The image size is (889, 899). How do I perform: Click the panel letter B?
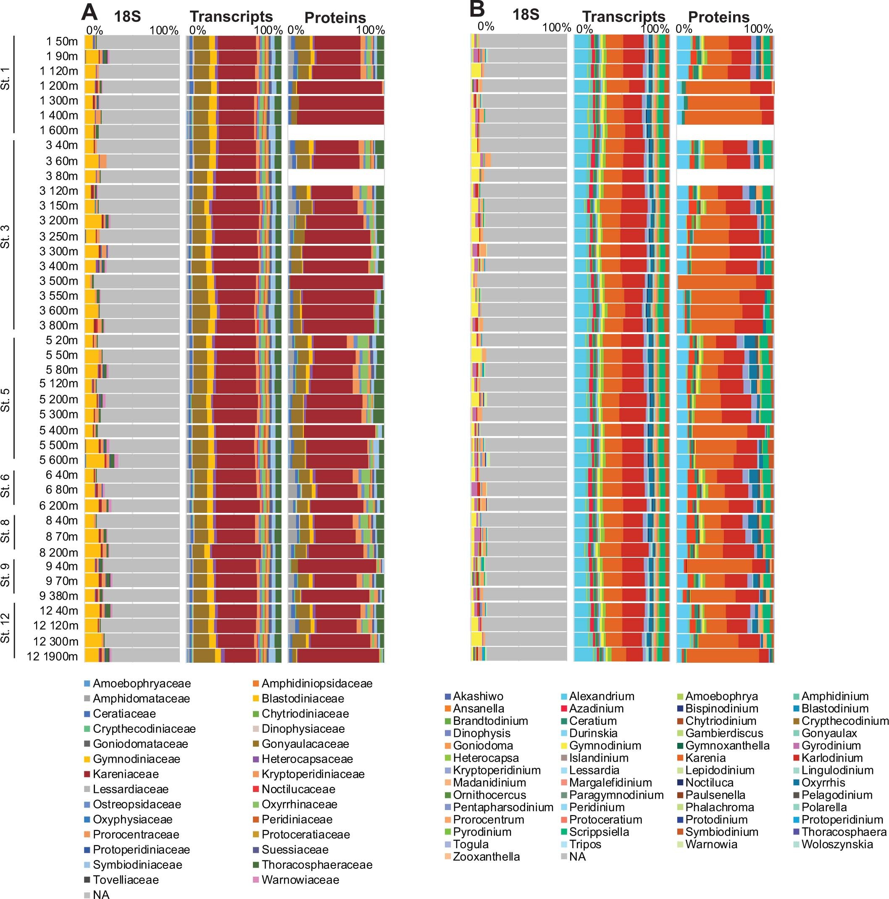[477, 10]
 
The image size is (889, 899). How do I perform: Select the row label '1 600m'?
[59, 130]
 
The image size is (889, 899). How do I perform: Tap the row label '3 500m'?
[58, 281]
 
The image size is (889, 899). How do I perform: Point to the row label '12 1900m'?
[52, 656]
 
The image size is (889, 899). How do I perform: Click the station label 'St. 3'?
[5, 236]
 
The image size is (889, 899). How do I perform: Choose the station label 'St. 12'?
[5, 628]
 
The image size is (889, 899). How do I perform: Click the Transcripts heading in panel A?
[231, 17]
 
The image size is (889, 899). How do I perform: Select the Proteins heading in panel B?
[718, 17]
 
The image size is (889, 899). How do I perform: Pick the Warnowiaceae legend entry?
[300, 879]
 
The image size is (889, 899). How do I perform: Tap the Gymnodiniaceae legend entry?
[136, 759]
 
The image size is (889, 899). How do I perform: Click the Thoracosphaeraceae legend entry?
[317, 865]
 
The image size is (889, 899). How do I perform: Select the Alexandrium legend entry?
[601, 696]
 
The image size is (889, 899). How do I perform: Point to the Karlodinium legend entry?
[832, 758]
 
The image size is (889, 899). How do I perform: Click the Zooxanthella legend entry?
[486, 856]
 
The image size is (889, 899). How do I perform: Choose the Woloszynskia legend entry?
[837, 844]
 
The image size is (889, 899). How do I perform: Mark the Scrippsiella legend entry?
[598, 831]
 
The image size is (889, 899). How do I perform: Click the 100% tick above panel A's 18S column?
[164, 31]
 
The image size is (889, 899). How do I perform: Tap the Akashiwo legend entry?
[478, 696]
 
